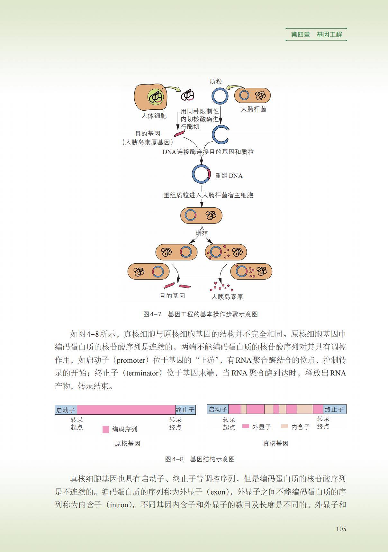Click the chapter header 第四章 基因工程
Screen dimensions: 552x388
[316, 34]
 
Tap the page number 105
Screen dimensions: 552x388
[341, 529]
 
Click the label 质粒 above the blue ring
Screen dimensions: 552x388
[216, 81]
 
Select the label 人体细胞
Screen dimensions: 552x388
[154, 116]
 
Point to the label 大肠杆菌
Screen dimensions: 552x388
[254, 109]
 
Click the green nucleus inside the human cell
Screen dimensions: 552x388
[156, 96]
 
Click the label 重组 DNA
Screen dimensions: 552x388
[229, 176]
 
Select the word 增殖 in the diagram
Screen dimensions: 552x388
[202, 233]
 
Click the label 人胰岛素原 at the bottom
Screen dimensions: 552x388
[227, 297]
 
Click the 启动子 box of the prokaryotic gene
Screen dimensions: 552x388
[66, 410]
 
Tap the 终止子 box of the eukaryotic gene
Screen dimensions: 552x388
[334, 409]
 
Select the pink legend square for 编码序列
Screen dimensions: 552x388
[106, 429]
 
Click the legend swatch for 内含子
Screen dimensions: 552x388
[284, 426]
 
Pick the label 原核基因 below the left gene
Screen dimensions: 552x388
[128, 443]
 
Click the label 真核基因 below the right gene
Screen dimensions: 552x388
[275, 443]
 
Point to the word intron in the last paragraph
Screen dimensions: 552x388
[119, 505]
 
